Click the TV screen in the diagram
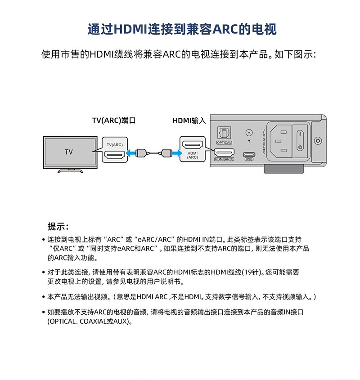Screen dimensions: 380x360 point(69,152)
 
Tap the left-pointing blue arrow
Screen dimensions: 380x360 point(130,153)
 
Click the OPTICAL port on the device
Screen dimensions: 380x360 point(224,134)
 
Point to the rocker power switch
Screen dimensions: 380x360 point(300,140)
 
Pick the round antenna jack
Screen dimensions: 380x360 point(248,133)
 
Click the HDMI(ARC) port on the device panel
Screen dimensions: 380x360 point(224,153)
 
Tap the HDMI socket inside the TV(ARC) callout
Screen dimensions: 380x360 point(115,155)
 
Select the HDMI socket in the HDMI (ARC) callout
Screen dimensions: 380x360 point(192,145)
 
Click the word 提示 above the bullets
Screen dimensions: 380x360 point(58,226)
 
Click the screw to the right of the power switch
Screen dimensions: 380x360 point(318,140)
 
